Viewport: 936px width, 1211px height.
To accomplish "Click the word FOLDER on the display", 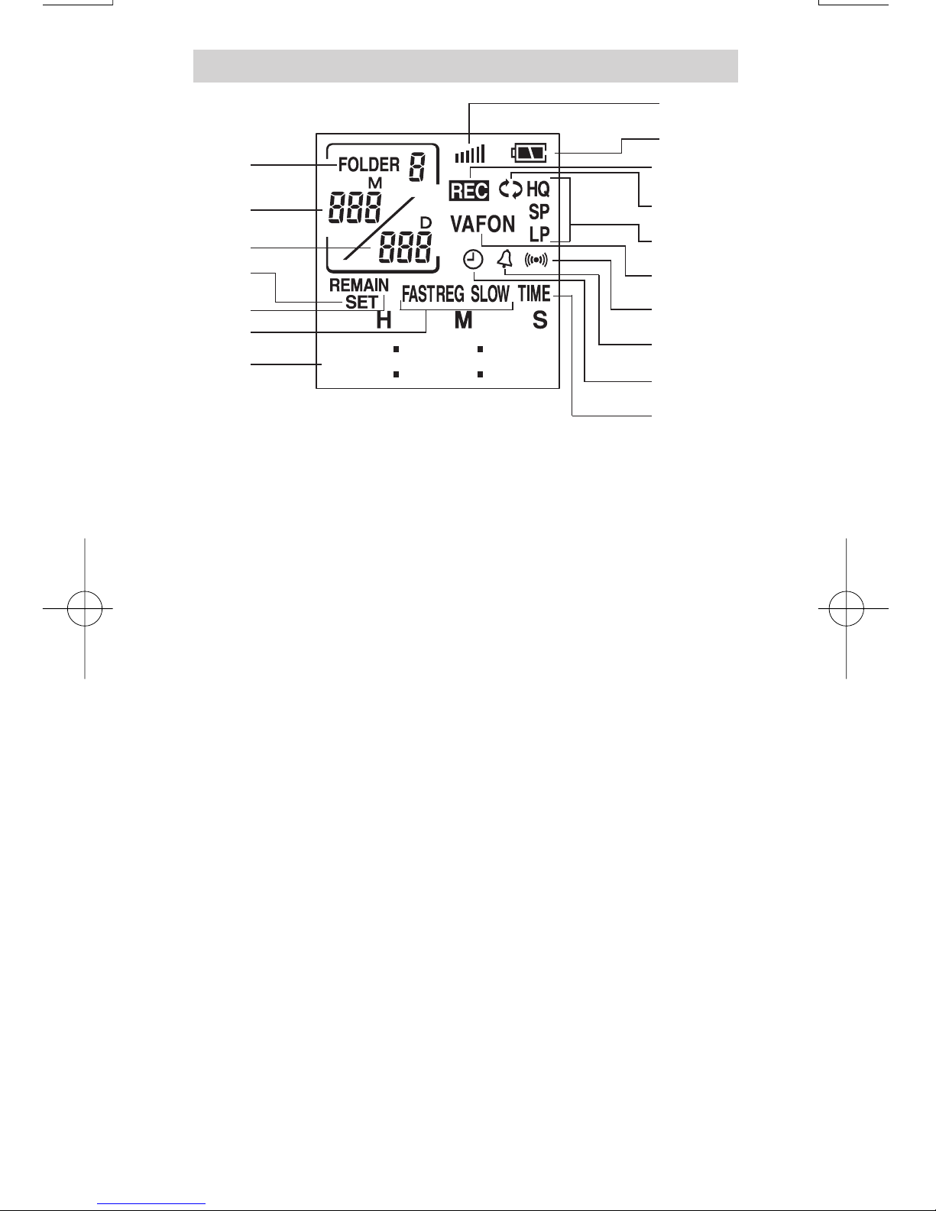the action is click(x=368, y=164).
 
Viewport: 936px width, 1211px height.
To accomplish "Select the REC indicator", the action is click(x=468, y=190).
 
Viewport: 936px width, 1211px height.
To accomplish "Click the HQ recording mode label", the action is click(x=538, y=189).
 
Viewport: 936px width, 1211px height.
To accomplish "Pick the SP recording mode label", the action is click(x=539, y=212).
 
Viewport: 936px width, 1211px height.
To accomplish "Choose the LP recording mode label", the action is click(x=539, y=234).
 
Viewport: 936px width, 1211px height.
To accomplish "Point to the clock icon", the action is click(x=473, y=261).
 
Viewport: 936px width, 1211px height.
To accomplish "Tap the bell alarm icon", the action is click(x=504, y=261).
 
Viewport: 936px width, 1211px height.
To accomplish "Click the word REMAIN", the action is click(x=359, y=286).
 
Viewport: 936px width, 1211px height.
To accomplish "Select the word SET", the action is click(x=361, y=301).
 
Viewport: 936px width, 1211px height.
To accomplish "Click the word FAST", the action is click(x=418, y=294).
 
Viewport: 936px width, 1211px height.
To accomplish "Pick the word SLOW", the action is click(x=490, y=294).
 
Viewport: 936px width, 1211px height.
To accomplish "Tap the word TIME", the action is click(x=534, y=294).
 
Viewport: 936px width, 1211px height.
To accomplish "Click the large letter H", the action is click(x=384, y=320).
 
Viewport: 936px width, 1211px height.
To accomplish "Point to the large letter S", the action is click(x=540, y=320).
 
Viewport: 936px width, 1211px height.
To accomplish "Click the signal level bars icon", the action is click(x=469, y=154).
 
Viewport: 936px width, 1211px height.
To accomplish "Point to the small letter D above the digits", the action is click(x=426, y=222).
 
